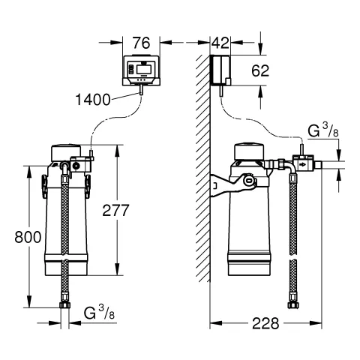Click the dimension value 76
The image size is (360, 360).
(141, 43)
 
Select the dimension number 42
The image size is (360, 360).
(220, 43)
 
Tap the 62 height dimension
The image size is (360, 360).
(260, 70)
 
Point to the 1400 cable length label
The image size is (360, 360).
(93, 100)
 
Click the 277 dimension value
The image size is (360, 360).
(115, 210)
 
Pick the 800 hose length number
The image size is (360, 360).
(28, 237)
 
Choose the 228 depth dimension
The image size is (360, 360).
(265, 323)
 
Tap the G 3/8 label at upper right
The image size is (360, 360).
(323, 130)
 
